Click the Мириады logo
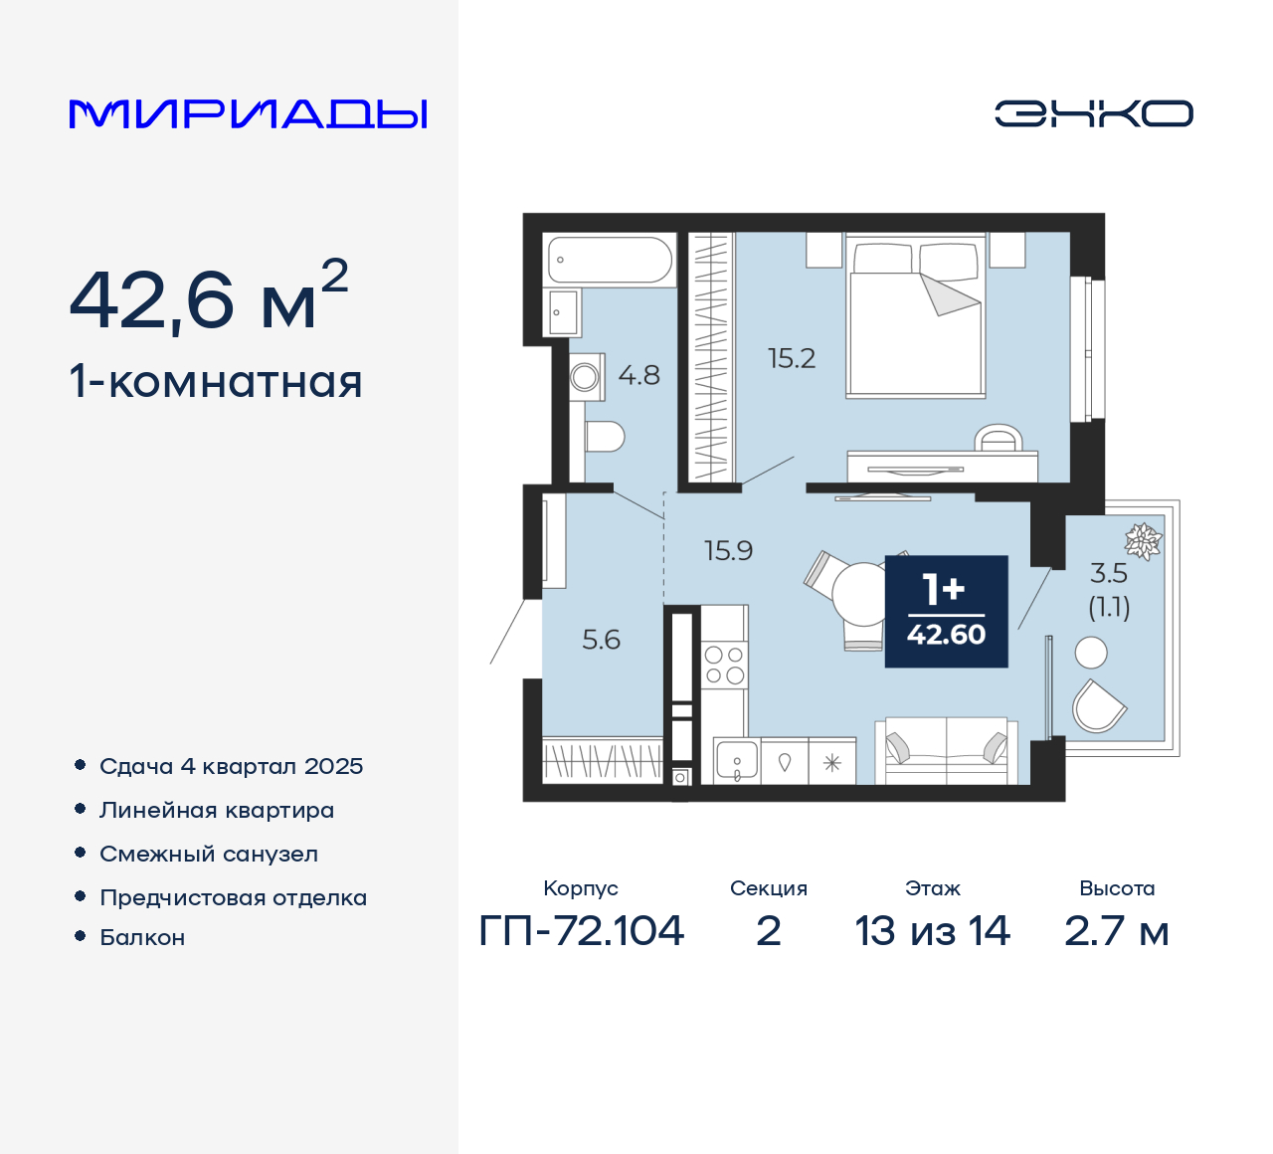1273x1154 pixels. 249,114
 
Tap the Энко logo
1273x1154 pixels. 1093,113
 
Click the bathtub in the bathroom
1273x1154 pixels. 610,260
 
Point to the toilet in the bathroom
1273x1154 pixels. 604,436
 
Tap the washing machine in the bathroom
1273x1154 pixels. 586,377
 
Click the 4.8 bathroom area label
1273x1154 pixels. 638,375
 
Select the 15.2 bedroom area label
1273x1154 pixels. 792,358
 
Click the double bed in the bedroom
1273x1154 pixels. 915,318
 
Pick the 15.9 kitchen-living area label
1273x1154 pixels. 728,550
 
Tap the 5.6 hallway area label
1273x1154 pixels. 601,640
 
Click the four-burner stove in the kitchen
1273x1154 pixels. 724,666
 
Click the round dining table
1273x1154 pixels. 861,593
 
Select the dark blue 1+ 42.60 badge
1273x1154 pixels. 946,611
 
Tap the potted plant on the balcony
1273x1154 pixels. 1144,540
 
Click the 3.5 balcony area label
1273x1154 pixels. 1108,573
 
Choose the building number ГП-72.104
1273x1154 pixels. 582,931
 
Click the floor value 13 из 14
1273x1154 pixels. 932,931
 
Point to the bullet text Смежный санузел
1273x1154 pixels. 209,854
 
